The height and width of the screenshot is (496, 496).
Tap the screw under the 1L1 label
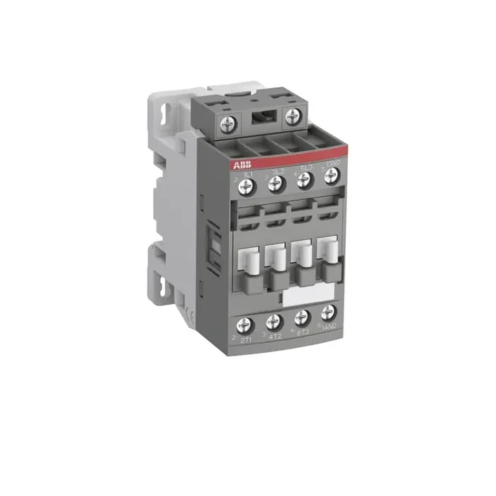247,186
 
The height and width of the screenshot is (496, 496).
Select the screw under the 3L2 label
276,187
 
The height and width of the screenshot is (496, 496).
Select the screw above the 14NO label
328,314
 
